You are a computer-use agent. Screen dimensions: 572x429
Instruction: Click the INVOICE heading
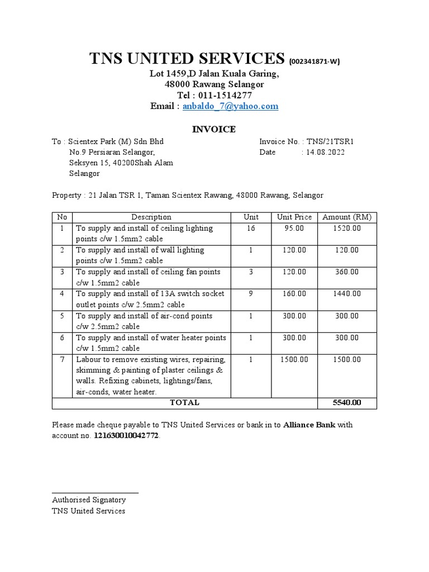[x=214, y=130]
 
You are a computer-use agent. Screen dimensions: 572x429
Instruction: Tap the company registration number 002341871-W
[x=314, y=61]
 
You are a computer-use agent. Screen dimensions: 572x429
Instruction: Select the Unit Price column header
[x=294, y=217]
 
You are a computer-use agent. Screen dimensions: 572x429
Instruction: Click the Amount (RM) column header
[x=347, y=217]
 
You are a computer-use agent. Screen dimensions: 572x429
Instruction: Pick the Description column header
[x=151, y=217]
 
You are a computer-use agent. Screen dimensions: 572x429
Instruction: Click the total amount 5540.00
[x=347, y=402]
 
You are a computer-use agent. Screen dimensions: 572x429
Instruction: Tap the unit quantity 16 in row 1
[x=251, y=228]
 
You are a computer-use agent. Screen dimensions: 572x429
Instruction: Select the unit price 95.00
[x=294, y=228]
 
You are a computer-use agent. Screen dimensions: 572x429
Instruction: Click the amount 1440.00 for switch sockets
[x=347, y=294]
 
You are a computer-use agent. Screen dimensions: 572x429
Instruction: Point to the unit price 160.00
[x=294, y=294]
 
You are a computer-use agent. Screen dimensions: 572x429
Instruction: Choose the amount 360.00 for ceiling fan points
[x=347, y=272]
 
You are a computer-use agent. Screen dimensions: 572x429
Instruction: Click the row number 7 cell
[x=62, y=360]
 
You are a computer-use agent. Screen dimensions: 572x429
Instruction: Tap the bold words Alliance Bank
[x=310, y=425]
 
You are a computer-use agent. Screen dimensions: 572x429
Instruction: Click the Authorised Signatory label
[x=88, y=500]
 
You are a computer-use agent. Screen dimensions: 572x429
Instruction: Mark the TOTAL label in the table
[x=184, y=402]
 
